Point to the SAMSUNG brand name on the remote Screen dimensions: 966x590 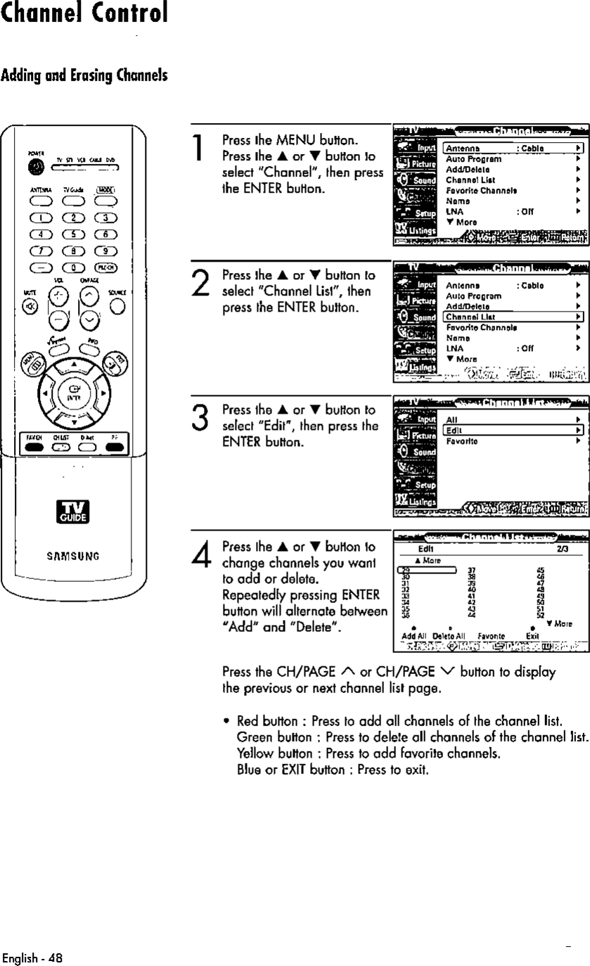point(74,556)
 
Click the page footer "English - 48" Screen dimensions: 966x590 point(32,958)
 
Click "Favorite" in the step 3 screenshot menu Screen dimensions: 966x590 point(461,441)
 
